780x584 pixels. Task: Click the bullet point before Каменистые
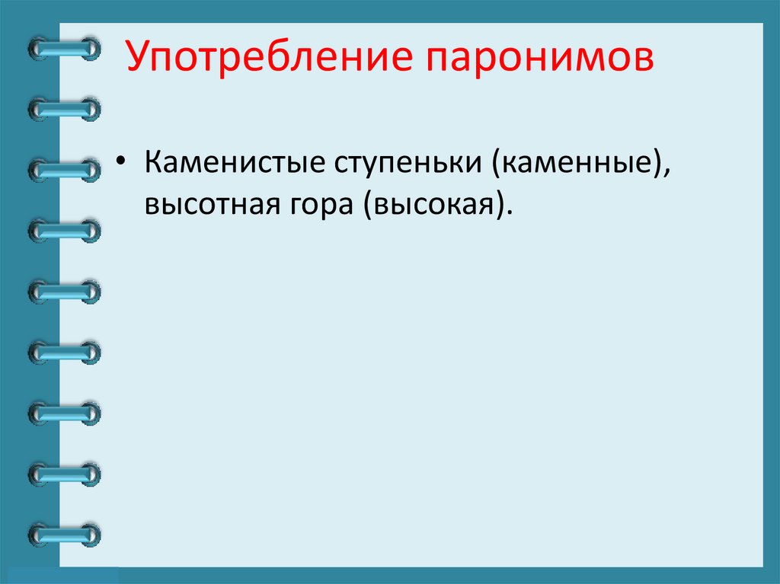[123, 166]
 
